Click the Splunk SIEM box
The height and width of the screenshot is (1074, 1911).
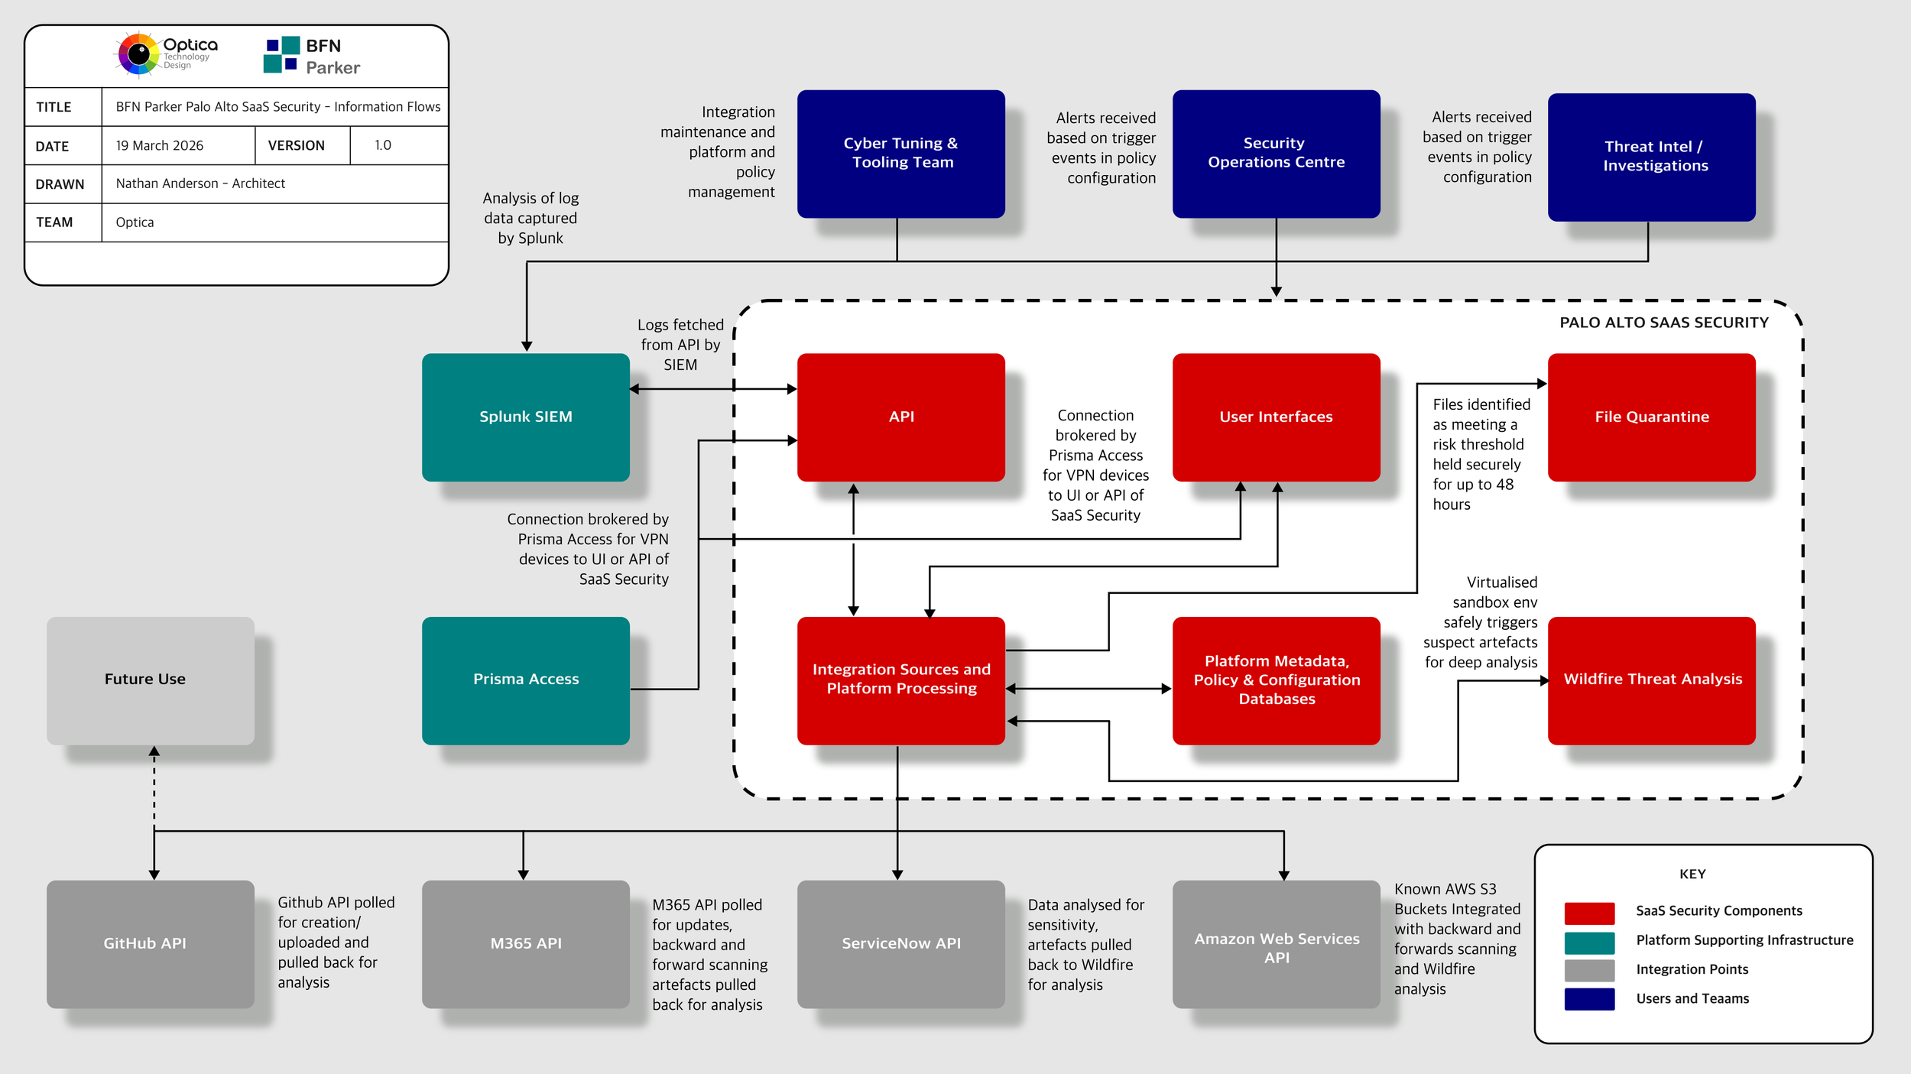tap(525, 417)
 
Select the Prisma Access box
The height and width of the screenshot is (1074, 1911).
tap(525, 680)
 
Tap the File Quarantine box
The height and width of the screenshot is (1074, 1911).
tap(1651, 417)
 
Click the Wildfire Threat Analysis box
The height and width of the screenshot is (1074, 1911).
tap(1651, 680)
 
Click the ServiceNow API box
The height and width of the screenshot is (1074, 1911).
tap(900, 943)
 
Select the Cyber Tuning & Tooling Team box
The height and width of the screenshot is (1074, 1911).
tap(900, 153)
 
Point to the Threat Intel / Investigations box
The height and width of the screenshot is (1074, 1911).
tap(1651, 157)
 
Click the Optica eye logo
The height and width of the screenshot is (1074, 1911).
tap(138, 54)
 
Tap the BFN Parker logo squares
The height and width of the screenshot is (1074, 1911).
tap(281, 55)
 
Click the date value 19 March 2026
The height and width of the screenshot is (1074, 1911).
tap(159, 145)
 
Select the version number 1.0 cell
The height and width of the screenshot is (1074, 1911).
tap(383, 145)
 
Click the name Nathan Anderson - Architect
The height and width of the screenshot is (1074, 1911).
tap(200, 183)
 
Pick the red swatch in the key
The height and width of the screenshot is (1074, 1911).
tap(1588, 912)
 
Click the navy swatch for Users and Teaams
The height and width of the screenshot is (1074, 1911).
tap(1588, 999)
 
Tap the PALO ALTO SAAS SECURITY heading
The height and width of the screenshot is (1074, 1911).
tap(1663, 323)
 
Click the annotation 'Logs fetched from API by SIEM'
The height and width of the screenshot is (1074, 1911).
tap(680, 345)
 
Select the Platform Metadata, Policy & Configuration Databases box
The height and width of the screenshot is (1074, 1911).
tap(1276, 680)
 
